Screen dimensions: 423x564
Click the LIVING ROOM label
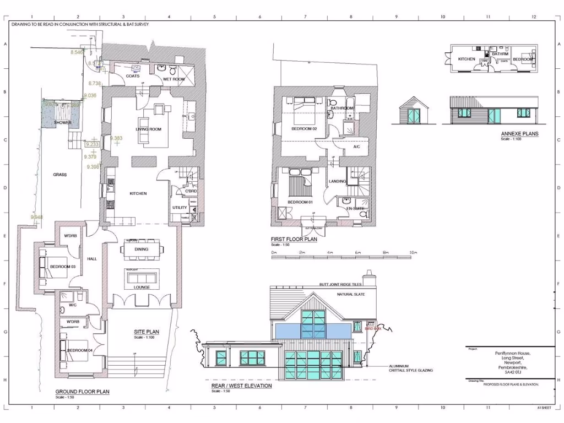click(x=148, y=129)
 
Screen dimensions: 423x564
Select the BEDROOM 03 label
click(x=62, y=267)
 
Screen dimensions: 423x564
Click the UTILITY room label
click(x=180, y=207)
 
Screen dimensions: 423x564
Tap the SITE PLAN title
click(x=147, y=332)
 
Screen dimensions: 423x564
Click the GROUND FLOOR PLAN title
click(x=82, y=392)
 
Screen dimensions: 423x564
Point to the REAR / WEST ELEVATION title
click(x=241, y=386)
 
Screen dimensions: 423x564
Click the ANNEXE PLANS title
click(x=519, y=134)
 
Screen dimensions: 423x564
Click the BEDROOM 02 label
click(x=304, y=129)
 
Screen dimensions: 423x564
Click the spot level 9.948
click(x=36, y=217)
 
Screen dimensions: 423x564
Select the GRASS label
click(x=59, y=175)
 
